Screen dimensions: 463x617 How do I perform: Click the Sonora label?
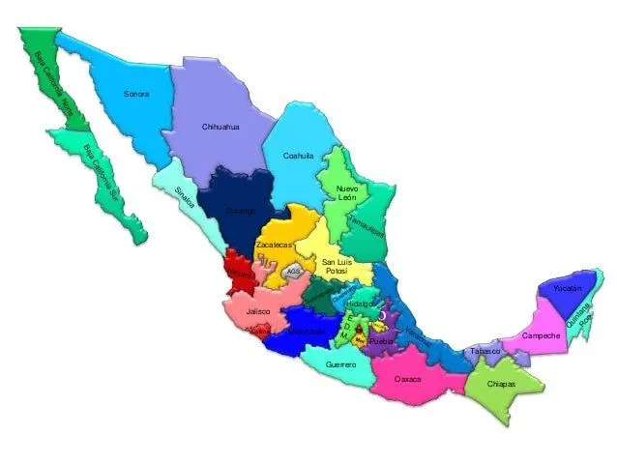136,94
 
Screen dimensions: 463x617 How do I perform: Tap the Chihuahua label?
220,127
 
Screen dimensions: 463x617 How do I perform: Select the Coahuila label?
298,156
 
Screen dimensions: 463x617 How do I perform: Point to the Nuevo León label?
346,192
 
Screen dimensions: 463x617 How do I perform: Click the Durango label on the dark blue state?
241,210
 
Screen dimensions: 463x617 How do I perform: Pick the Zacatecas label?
274,246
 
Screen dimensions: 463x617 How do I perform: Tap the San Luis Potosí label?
337,267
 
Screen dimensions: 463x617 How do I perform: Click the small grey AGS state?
294,272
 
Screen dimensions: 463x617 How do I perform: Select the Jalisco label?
257,312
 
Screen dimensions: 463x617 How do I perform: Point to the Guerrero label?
341,365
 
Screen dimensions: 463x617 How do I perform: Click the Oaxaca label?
408,379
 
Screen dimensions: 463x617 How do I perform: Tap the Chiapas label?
502,384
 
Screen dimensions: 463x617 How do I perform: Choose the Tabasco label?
485,351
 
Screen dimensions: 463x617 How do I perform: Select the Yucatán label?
568,289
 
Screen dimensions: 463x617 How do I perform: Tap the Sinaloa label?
186,196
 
